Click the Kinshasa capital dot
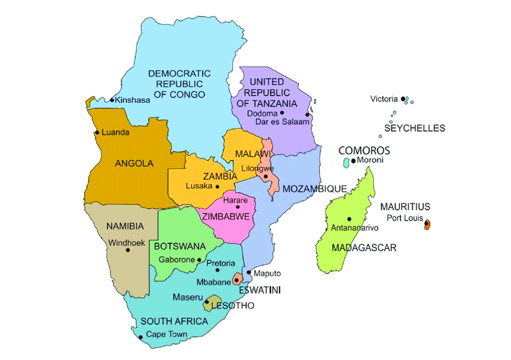tap(112, 100)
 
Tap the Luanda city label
tap(115, 132)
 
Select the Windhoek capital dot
tap(128, 250)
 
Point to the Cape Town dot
tap(141, 337)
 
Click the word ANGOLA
tap(133, 163)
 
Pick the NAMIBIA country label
tap(124, 226)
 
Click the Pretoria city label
tap(221, 263)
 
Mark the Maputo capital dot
tap(249, 272)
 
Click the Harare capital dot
tap(237, 207)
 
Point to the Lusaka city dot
tap(218, 186)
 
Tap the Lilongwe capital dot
tap(265, 176)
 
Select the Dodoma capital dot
tap(281, 112)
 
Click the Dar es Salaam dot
tap(307, 114)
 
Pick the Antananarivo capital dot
tap(349, 219)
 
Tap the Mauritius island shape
tap(427, 224)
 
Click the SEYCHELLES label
tap(415, 128)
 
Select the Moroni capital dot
tap(353, 160)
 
